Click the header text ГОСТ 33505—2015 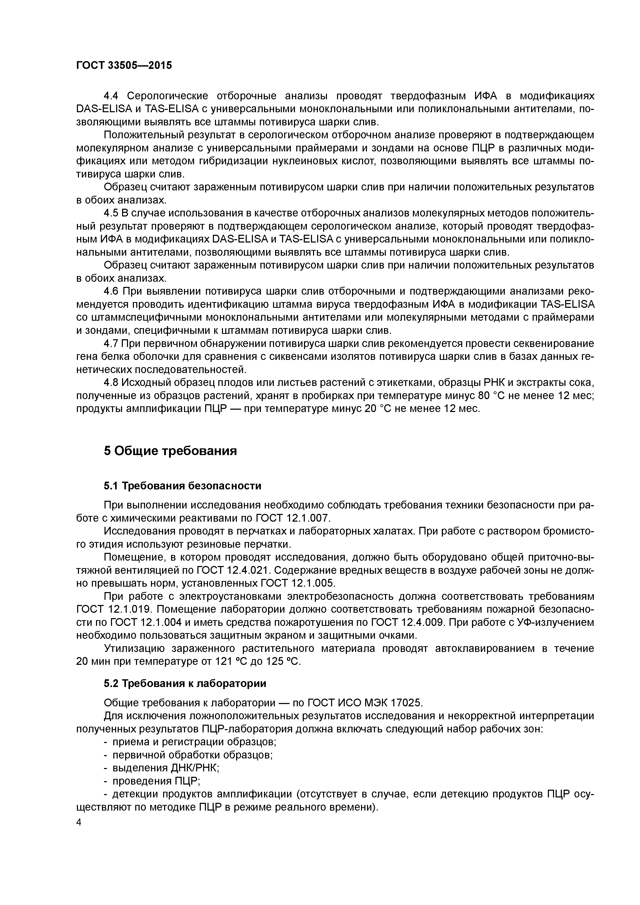(124, 66)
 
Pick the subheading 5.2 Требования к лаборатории (185, 683)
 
